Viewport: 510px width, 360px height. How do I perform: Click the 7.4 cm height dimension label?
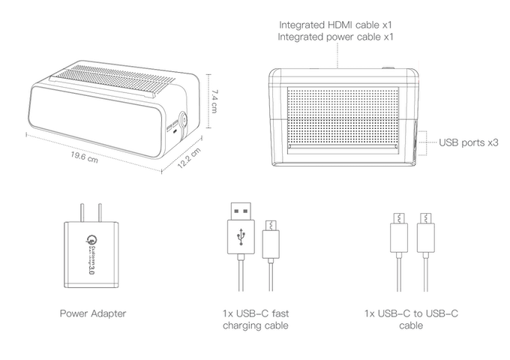click(x=214, y=100)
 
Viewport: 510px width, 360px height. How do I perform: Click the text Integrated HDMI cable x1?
click(x=337, y=24)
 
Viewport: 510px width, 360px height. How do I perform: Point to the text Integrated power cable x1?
click(x=337, y=36)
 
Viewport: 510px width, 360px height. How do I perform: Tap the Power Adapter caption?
click(x=92, y=312)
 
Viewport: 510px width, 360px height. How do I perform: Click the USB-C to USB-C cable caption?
click(x=412, y=319)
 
